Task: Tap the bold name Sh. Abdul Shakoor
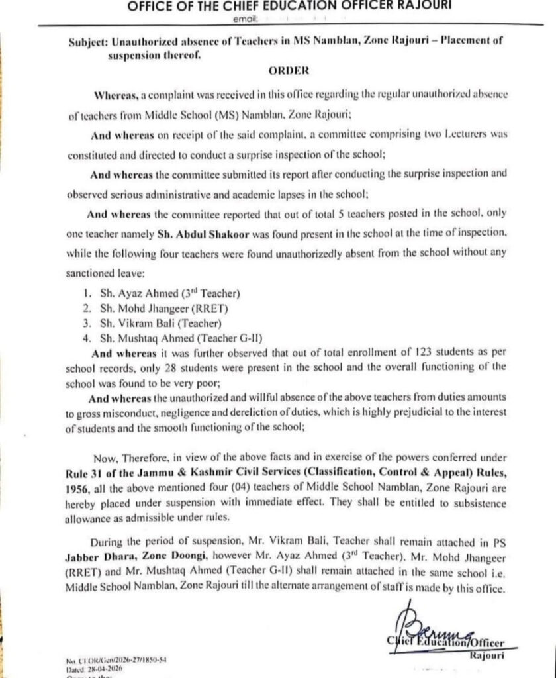pyautogui.click(x=193, y=234)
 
